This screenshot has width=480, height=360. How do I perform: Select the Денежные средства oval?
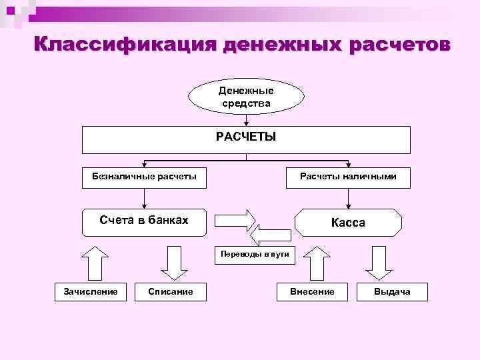[x=246, y=97]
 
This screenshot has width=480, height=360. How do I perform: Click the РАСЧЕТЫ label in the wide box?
[x=246, y=137]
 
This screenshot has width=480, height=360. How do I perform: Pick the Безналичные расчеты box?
[x=144, y=177]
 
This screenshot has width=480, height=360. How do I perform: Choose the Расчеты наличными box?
[x=348, y=177]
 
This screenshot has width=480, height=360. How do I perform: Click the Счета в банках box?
[x=144, y=221]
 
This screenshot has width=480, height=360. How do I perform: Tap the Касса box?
[x=348, y=223]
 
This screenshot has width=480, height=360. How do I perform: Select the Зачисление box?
[x=90, y=292]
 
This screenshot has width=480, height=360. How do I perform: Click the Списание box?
[x=171, y=292]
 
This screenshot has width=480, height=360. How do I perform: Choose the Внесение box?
[x=312, y=292]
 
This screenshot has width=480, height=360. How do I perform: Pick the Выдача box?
[x=392, y=292]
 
